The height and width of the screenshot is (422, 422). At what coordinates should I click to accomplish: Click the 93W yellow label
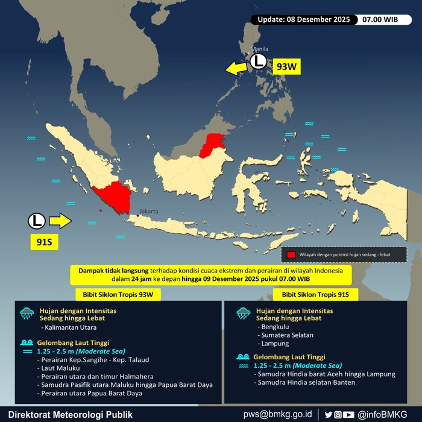(x=287, y=66)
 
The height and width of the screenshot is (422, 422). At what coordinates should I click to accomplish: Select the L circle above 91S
(x=36, y=221)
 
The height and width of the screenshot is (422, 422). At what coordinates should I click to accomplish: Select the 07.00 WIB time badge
(x=380, y=19)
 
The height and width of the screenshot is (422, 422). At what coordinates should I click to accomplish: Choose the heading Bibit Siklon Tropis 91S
(x=315, y=294)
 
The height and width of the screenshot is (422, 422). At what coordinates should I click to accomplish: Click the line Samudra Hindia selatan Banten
(x=305, y=382)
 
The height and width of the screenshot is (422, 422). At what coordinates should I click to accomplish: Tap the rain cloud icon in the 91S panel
(x=243, y=313)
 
